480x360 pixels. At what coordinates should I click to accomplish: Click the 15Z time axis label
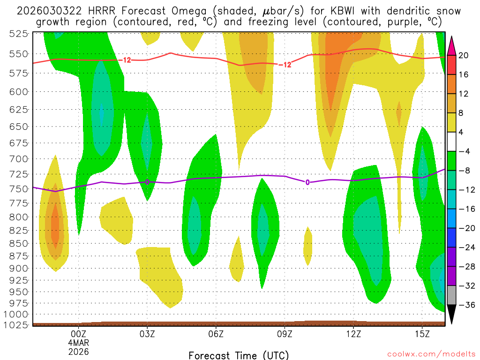coord(422,334)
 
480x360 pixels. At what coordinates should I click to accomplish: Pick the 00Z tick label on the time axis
coord(78,334)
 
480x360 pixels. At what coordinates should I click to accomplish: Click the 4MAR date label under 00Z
coord(78,343)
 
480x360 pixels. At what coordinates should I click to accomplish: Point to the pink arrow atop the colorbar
coord(452,45)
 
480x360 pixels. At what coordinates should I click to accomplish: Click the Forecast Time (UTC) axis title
coord(239,355)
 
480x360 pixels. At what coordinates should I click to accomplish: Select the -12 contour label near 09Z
coord(285,65)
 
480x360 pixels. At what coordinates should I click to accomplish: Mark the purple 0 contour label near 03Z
coord(147,182)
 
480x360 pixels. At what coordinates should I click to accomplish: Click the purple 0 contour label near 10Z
coord(307,182)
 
